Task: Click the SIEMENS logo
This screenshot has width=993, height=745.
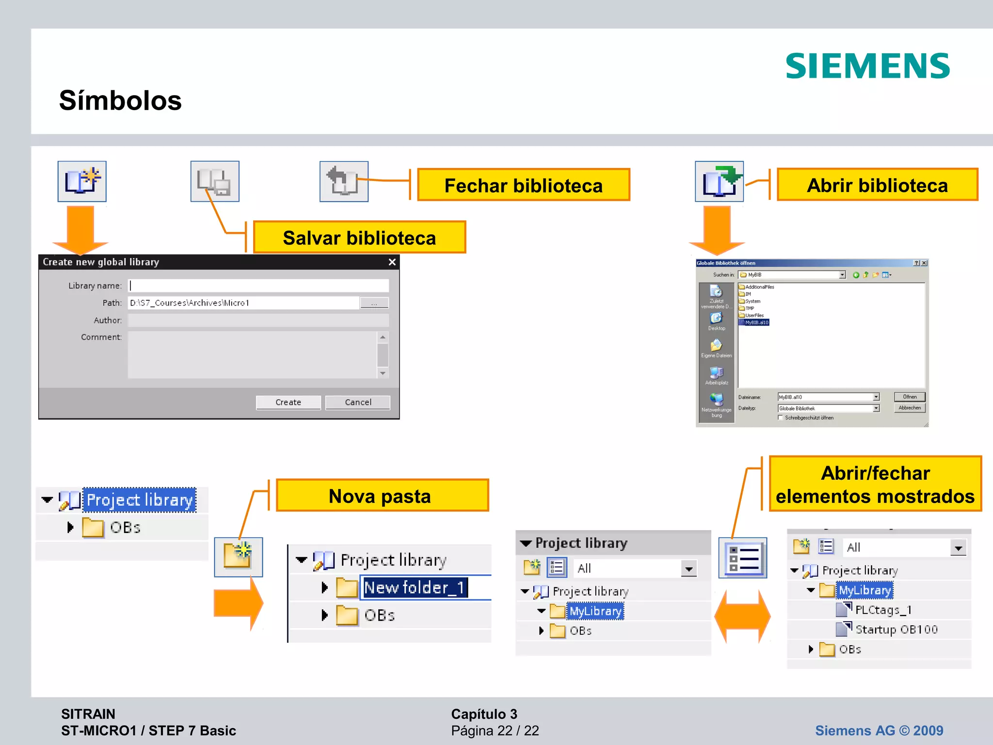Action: click(x=867, y=66)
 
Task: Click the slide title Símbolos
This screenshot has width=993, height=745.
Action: click(x=120, y=100)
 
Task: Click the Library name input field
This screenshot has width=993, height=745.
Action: click(x=258, y=286)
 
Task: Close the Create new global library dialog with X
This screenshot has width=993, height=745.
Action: click(x=392, y=262)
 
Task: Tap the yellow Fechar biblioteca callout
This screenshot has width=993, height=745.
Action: click(x=523, y=185)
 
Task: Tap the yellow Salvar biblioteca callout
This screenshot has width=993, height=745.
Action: click(x=359, y=238)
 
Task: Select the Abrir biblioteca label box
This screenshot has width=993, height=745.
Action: click(x=877, y=185)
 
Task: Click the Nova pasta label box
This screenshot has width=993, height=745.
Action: click(x=382, y=496)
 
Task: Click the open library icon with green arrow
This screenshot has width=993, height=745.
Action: click(x=719, y=181)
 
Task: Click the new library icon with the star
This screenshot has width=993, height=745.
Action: click(x=82, y=181)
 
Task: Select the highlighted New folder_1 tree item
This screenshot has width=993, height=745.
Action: click(x=414, y=588)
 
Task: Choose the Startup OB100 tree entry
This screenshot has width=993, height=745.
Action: click(x=896, y=630)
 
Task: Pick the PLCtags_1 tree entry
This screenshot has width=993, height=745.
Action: click(x=883, y=610)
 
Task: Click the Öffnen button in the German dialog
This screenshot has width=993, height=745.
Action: click(x=910, y=397)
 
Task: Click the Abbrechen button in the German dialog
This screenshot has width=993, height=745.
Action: click(x=910, y=408)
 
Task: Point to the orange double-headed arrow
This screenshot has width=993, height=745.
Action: click(x=742, y=616)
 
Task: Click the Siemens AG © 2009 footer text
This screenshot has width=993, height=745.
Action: click(x=879, y=730)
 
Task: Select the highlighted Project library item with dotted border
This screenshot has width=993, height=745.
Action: click(x=139, y=500)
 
